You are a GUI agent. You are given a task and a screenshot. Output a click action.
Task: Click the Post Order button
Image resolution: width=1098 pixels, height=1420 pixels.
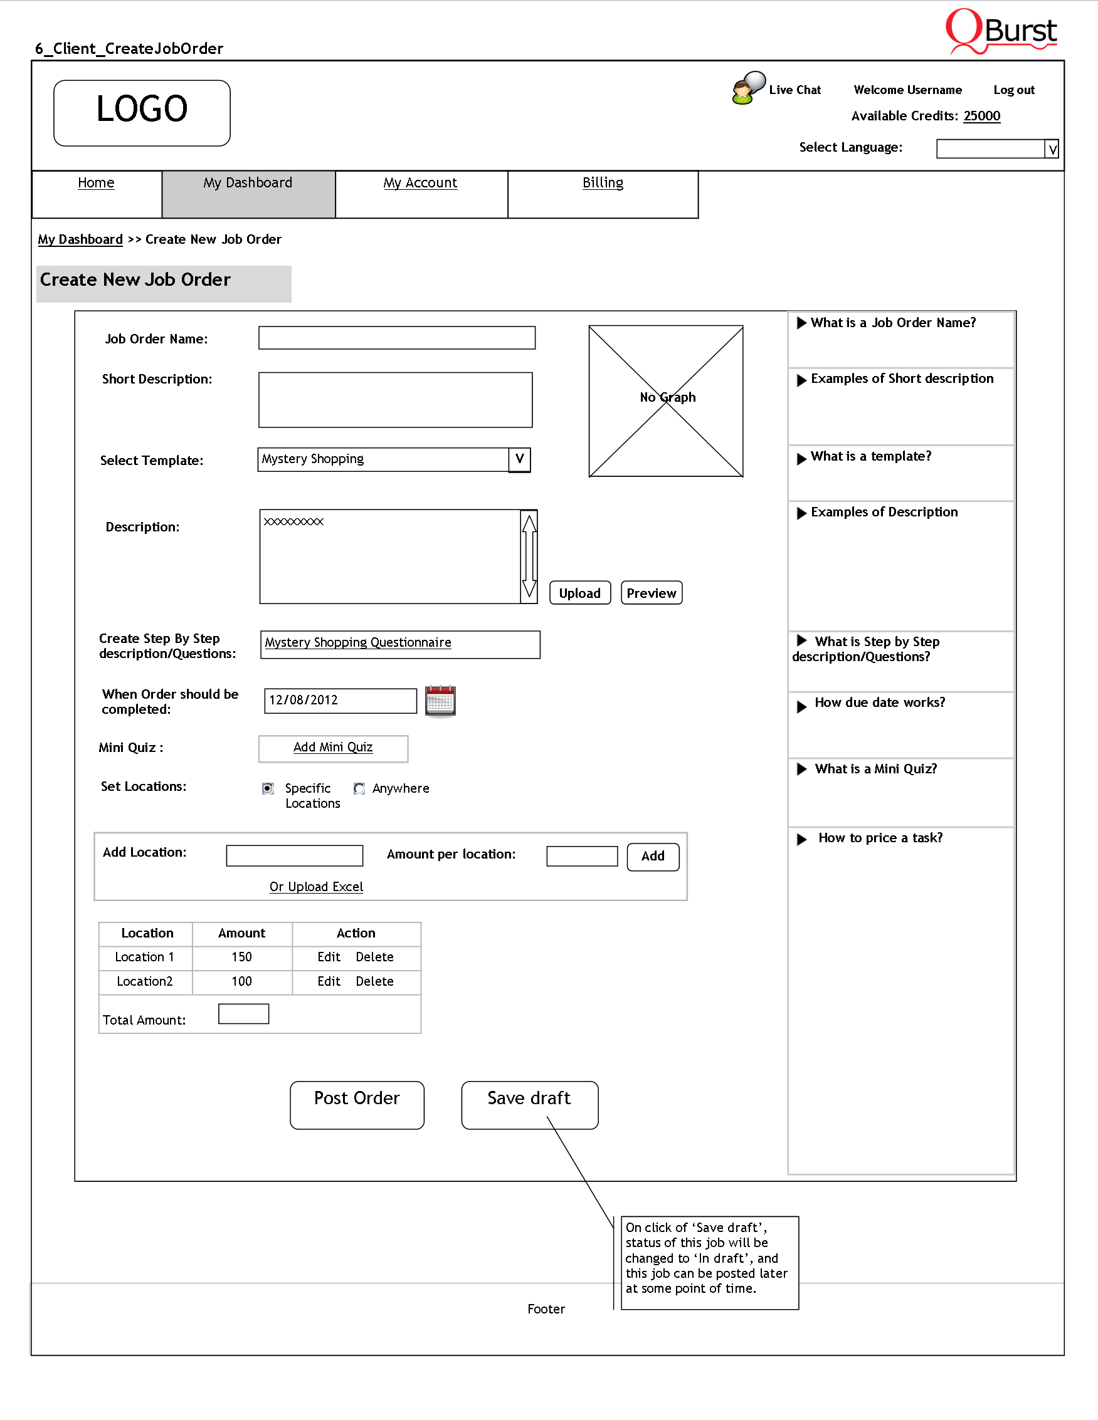[356, 1105]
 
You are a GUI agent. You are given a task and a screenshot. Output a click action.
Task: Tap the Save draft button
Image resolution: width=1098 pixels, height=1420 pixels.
[529, 1105]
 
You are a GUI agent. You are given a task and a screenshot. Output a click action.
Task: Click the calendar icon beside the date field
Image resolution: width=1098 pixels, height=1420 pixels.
[440, 701]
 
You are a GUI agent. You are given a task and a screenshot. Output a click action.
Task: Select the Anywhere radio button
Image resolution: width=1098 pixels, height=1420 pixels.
[359, 789]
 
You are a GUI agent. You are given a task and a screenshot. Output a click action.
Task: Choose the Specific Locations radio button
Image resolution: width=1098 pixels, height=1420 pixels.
[268, 789]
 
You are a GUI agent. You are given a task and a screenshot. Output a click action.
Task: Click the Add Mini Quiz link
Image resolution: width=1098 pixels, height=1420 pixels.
[333, 748]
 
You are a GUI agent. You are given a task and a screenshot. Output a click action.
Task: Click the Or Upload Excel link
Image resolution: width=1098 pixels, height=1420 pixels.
[316, 887]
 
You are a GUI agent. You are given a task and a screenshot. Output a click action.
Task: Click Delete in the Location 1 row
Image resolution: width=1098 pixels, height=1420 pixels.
[374, 957]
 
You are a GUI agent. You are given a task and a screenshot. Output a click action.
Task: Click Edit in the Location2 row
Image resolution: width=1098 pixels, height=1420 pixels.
[329, 981]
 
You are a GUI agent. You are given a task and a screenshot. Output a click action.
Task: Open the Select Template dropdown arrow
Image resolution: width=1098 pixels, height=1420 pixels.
[519, 459]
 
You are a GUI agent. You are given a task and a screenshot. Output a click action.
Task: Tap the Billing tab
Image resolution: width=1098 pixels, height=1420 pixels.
[603, 183]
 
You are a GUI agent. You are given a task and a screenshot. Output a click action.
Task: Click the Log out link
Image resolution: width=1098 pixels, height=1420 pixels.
[1013, 90]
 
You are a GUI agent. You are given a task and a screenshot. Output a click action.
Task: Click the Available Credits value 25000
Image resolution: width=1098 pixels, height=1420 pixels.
[981, 116]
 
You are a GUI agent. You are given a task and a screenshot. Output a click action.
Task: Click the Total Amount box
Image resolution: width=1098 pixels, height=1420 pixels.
[243, 1014]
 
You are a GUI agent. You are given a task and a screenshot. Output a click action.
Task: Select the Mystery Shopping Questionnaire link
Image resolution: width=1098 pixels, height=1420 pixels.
[358, 642]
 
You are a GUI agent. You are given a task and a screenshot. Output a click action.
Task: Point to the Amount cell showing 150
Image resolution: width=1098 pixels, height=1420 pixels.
[242, 957]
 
